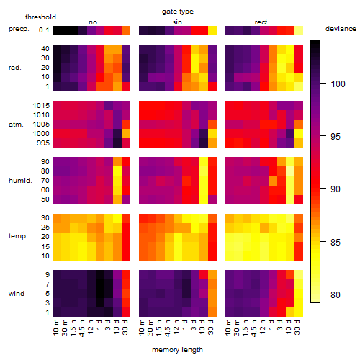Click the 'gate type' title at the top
178,12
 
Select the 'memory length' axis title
177,350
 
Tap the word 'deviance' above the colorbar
341,29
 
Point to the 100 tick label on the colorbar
338,84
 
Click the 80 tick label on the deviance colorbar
336,294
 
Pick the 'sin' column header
177,22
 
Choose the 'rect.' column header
262,22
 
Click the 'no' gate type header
93,22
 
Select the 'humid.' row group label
20,181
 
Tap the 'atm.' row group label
16,125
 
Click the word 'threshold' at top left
40,17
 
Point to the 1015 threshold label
41,106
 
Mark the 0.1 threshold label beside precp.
44,30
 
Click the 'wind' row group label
17,294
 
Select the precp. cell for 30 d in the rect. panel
299,30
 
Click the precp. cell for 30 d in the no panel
126,30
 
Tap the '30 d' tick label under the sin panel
211,327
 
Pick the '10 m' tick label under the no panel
55,328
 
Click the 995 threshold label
43,143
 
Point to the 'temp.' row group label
18,236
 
